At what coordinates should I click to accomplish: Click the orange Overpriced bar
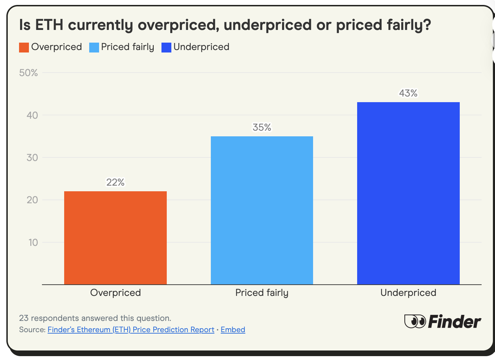115,238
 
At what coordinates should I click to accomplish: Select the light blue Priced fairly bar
262,210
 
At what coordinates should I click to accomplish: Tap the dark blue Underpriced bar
408,193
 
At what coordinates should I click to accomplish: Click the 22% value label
115,182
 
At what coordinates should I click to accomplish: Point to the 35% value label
262,127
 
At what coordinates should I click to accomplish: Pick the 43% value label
408,93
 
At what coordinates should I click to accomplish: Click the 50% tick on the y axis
29,73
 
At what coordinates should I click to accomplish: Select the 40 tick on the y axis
32,115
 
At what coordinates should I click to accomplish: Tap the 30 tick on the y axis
32,157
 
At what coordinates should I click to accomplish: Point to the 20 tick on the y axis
32,200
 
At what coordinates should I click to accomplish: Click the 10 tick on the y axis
33,242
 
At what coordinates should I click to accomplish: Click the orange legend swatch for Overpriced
24,47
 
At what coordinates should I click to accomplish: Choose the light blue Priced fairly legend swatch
94,47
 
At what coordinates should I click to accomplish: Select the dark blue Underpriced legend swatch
166,47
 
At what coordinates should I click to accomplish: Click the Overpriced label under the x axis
115,293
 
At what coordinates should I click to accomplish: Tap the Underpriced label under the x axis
408,293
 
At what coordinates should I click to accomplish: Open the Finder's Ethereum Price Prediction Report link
131,330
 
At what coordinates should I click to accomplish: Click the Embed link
233,330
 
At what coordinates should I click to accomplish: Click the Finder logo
442,321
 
